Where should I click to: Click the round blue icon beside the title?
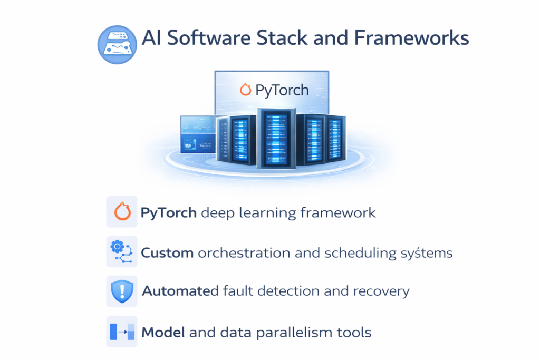pos(117,44)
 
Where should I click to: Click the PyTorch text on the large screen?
pos(282,90)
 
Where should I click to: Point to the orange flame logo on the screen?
pos(245,90)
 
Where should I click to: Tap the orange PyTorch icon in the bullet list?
pos(122,212)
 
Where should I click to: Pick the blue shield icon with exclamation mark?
pos(122,291)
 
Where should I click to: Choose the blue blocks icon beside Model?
pos(122,332)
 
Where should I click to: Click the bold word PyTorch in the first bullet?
pos(169,213)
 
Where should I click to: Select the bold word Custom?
pos(167,253)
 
